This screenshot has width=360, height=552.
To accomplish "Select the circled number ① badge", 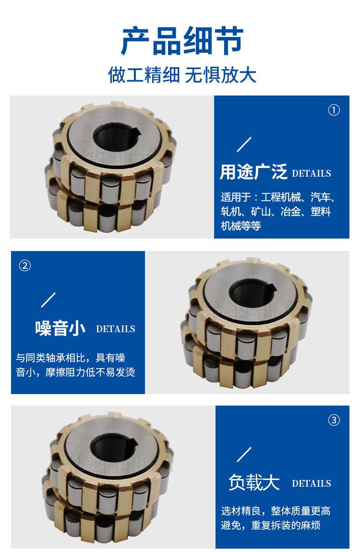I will click(334, 110).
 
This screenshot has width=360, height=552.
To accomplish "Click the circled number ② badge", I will click(24, 265).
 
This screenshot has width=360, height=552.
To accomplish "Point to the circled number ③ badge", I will click(334, 420).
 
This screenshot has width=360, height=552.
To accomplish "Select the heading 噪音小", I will click(60, 328).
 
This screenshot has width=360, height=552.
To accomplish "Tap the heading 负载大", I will click(254, 482).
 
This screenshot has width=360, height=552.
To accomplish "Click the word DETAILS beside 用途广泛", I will click(311, 173).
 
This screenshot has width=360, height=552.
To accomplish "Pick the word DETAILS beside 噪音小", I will click(116, 329).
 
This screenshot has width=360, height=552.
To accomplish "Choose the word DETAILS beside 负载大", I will click(311, 483).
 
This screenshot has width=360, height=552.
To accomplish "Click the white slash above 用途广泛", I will click(245, 144).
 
